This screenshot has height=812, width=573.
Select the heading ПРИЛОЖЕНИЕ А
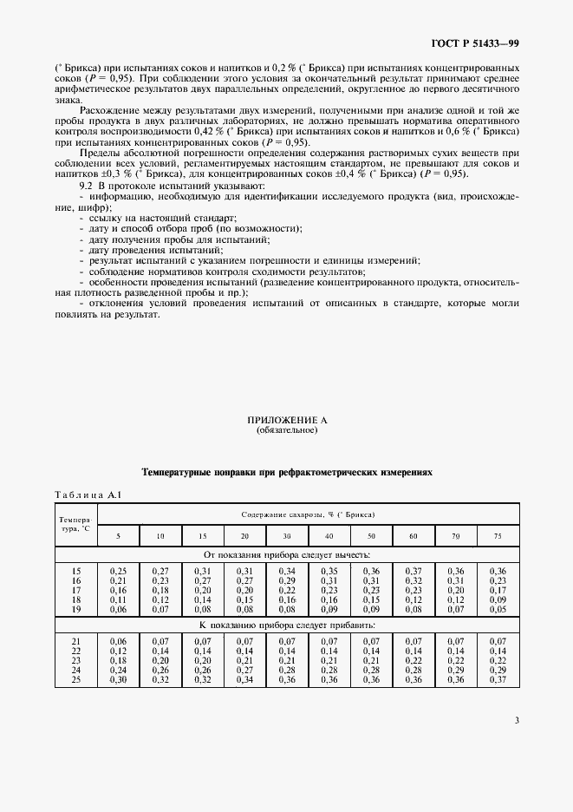coord(286,420)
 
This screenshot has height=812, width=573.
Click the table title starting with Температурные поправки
coord(286,473)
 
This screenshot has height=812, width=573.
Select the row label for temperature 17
coord(75,590)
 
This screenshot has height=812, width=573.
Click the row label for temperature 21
coord(75,639)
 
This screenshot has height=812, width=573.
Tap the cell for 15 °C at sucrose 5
coord(118,571)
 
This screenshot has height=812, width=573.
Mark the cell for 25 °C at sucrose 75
coord(497,678)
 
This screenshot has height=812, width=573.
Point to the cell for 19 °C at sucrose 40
coord(329,609)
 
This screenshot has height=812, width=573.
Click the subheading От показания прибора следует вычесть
coord(286,553)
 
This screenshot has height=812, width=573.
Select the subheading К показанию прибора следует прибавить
coord(286,625)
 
